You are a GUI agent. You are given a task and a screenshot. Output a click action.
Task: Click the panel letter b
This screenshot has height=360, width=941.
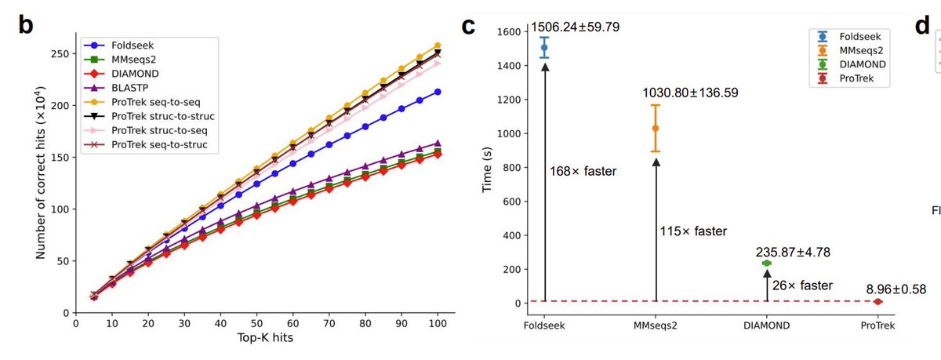[x=26, y=26]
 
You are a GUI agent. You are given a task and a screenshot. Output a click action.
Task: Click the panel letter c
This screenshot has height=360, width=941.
[x=468, y=27]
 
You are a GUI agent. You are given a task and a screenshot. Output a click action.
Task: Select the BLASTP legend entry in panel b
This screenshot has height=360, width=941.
[x=129, y=88]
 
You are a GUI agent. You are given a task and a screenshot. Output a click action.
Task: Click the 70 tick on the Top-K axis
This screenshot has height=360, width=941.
[x=330, y=322]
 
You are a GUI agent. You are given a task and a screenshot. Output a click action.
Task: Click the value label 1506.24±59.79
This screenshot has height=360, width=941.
[x=575, y=27]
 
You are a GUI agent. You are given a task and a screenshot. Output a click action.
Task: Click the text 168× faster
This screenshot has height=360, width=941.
[x=583, y=170]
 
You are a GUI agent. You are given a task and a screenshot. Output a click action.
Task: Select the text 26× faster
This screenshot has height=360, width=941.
[x=802, y=285]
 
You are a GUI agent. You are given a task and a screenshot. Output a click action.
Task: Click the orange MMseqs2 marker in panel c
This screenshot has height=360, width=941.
[x=656, y=128]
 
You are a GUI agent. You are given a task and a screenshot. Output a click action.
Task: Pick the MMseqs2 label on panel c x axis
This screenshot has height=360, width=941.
[x=656, y=325]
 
